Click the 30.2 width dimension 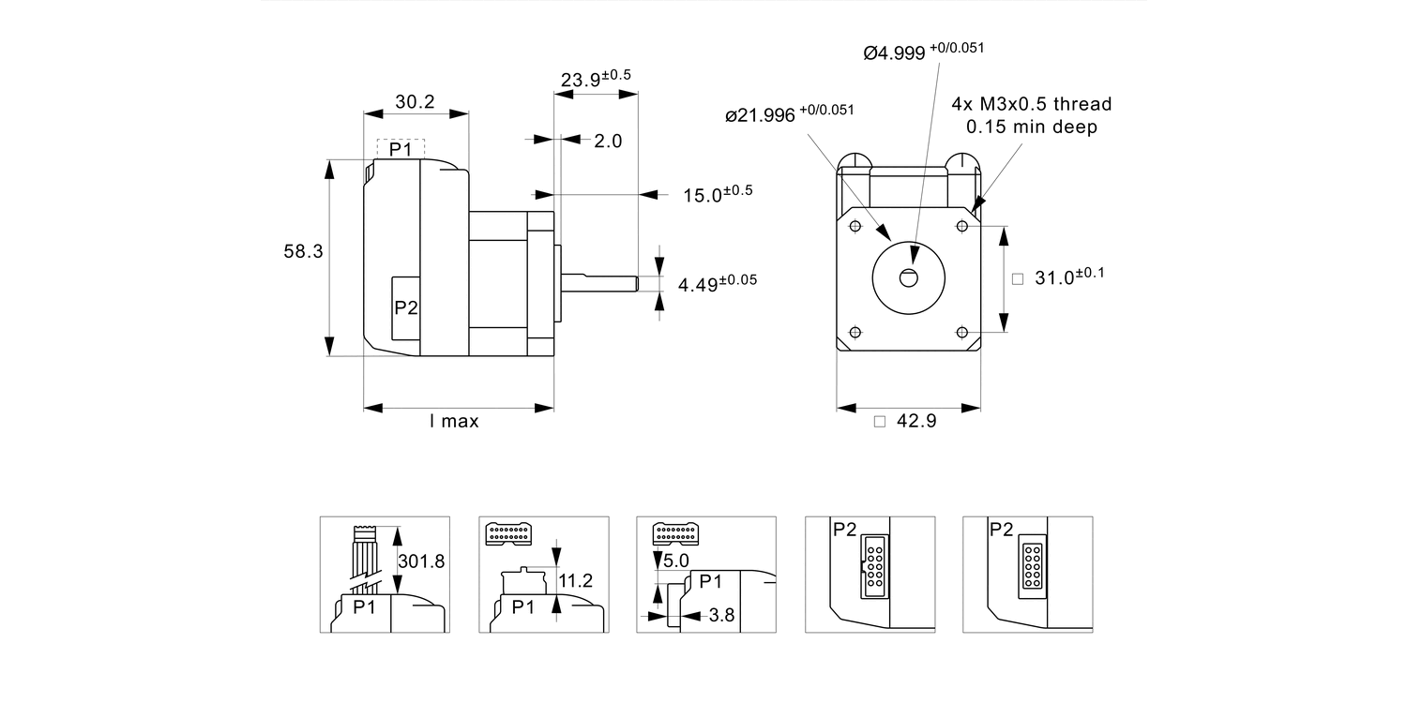point(415,101)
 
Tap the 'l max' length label point(454,422)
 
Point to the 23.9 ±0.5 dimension point(596,79)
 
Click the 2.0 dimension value point(608,141)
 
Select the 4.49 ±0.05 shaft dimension point(718,283)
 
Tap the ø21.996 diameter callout point(790,113)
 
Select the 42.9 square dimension point(915,422)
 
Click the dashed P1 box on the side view point(401,149)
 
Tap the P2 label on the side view point(405,307)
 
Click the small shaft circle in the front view point(909,277)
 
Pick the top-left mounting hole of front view point(855,226)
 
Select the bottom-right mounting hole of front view point(962,332)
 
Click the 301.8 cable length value point(421,561)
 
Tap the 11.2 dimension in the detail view point(575,581)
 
